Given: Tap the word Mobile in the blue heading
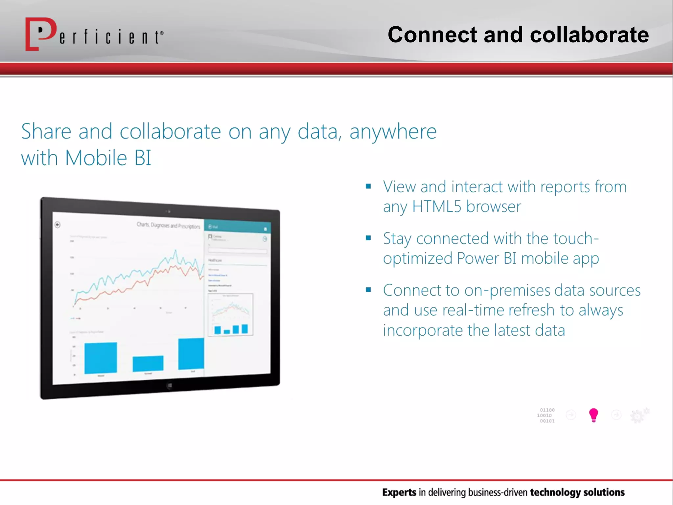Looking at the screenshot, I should coord(96,158).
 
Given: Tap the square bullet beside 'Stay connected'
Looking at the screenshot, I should coord(368,238).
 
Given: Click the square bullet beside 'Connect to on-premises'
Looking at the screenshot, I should coord(368,290).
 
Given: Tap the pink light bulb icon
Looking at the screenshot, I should coord(593,415).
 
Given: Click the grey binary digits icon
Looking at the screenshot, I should coord(546,416).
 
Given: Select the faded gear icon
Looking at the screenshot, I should coord(639,416).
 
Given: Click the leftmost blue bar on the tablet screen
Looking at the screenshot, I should coord(101,358).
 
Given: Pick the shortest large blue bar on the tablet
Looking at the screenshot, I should coord(148,363).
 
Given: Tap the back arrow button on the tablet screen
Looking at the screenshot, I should coord(58,225).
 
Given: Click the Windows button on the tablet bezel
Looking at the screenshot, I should coord(169,386).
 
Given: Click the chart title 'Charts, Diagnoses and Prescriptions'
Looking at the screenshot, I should coord(168,226).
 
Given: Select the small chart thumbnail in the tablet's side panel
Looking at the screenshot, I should coord(231,314).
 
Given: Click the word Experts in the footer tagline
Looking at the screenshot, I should coord(399,492).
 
